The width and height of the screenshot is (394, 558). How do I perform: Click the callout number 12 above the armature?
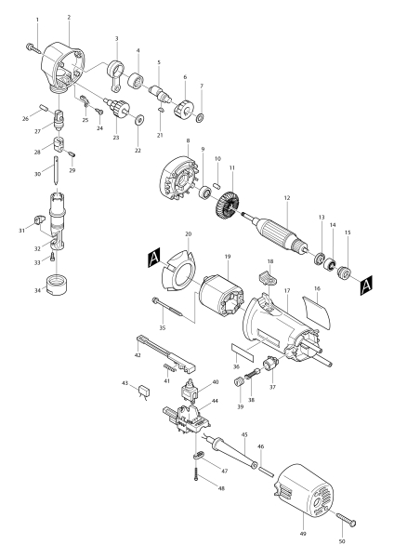click(287, 199)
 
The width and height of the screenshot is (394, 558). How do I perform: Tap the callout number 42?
click(137, 354)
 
